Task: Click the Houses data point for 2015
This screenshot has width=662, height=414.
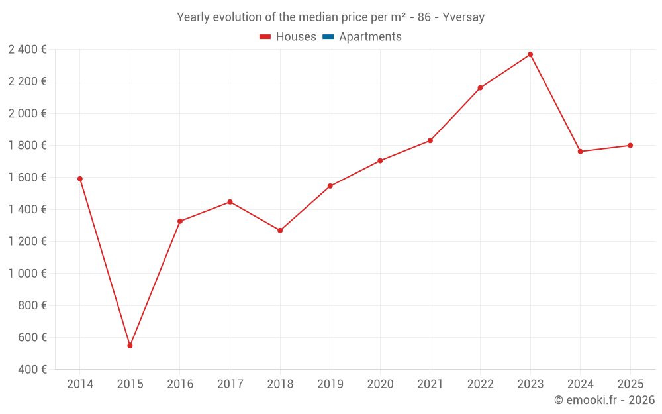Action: click(130, 346)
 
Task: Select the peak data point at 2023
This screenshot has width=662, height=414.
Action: click(530, 54)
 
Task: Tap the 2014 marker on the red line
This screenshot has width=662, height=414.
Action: click(80, 179)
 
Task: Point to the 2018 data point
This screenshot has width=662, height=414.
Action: click(280, 231)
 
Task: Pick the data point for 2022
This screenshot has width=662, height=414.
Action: click(480, 88)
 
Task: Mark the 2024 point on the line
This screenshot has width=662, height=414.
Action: click(580, 152)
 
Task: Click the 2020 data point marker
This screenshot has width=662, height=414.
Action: click(380, 161)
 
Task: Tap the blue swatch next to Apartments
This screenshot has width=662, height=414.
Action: click(327, 37)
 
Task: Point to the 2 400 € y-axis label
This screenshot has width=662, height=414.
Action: click(28, 49)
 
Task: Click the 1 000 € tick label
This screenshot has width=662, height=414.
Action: click(28, 274)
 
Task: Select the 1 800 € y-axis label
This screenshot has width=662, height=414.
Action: click(28, 145)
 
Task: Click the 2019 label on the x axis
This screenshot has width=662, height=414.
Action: click(330, 384)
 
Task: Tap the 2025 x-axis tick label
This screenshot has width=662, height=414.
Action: click(630, 384)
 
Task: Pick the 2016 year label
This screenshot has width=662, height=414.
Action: click(180, 384)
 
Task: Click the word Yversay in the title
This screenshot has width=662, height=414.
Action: click(463, 17)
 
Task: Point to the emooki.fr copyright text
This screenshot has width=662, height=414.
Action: click(604, 400)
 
